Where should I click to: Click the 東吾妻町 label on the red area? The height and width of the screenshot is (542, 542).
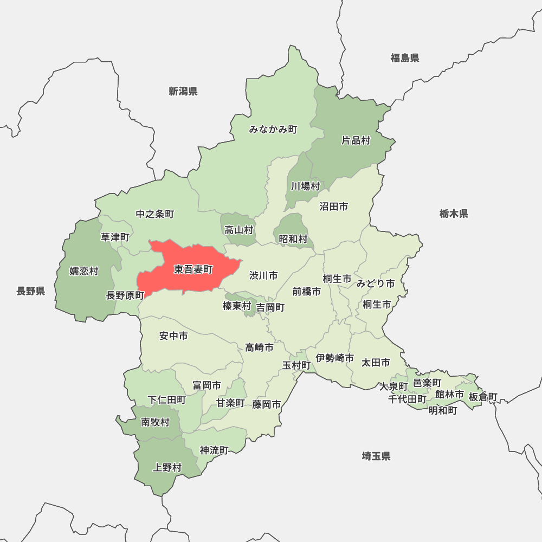[193, 269]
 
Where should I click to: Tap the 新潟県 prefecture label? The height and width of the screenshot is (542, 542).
[183, 91]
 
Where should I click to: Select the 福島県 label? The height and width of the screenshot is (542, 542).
[405, 58]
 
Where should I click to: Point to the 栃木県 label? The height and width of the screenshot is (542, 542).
[454, 214]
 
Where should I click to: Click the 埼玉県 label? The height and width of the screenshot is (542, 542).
[376, 456]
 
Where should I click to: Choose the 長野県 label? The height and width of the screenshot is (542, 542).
[31, 291]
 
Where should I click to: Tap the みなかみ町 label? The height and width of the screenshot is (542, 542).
[273, 130]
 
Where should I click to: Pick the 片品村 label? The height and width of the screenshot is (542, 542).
[356, 140]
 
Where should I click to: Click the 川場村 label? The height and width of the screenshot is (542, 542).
[305, 186]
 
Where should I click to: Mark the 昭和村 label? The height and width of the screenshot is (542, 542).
[293, 238]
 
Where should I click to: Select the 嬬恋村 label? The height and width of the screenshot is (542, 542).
[84, 271]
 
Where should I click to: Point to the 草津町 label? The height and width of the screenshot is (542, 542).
[115, 237]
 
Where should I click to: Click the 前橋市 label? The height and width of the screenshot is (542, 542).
[306, 291]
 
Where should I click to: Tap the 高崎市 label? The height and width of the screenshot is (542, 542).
[259, 347]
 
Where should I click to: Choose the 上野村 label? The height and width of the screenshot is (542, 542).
[167, 467]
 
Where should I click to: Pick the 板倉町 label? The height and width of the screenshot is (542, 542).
[482, 397]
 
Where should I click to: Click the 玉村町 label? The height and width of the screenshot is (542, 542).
[296, 365]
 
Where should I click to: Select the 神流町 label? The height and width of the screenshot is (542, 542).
[214, 450]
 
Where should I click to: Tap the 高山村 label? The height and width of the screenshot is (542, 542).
[239, 230]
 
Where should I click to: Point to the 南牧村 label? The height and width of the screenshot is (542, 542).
[156, 422]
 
